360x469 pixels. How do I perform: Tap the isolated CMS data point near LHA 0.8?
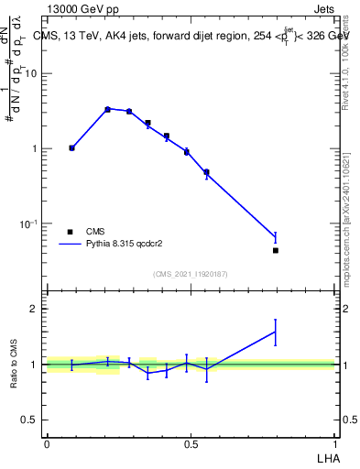276,250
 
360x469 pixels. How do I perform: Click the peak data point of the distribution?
107,109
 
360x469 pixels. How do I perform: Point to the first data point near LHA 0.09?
72,147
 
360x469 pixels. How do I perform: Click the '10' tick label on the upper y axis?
34,73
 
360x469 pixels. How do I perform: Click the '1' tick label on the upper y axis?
37,148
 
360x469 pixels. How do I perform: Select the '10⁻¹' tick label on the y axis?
31,224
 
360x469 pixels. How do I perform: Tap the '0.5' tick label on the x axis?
191,444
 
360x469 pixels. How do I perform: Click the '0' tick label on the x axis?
47,444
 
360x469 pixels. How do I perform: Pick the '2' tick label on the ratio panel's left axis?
37,309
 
